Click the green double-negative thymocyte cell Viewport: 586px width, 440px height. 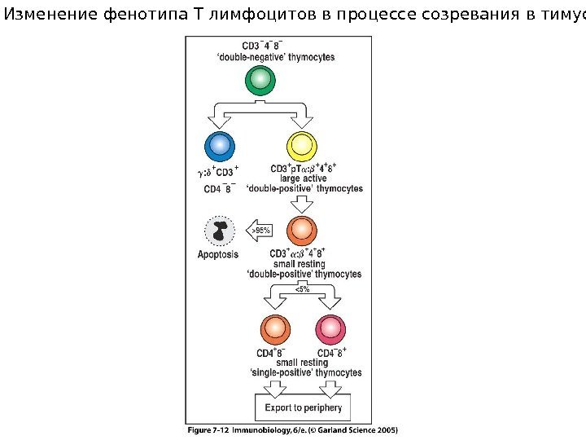pos(259,80)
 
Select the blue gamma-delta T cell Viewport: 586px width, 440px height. pos(218,147)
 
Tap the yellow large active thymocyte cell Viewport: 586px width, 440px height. pos(301,147)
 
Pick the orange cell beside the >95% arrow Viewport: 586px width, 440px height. pos(301,230)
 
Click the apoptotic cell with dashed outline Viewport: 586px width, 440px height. pos(218,231)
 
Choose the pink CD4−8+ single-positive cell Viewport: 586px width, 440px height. pos(330,329)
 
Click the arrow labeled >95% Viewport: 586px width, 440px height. pos(260,231)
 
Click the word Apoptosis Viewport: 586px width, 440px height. pos(218,254)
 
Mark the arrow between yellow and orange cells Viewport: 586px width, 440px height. pos(302,202)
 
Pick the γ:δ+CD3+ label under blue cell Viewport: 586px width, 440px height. pos(219,172)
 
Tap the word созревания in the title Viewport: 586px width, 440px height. pos(435,12)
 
